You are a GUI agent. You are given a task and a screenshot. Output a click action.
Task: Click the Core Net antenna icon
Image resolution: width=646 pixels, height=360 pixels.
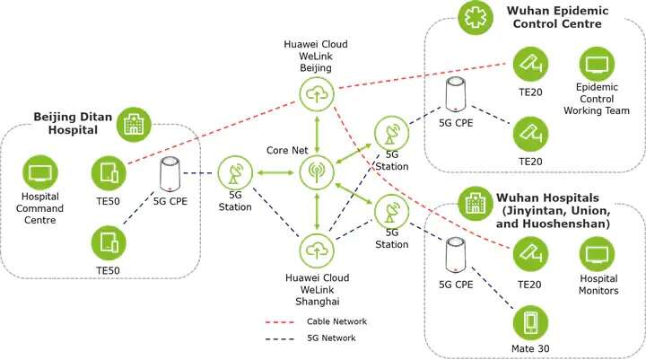(x=316, y=171)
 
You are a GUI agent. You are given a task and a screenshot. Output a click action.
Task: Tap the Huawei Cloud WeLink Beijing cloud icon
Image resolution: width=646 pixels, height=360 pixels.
(x=316, y=93)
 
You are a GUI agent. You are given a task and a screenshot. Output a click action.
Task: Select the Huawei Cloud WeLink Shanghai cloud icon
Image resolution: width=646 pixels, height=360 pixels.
(x=316, y=247)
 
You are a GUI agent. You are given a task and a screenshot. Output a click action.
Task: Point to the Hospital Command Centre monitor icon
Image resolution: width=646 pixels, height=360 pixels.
(x=39, y=171)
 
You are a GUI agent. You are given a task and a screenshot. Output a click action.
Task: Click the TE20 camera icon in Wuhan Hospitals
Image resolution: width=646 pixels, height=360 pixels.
(x=529, y=255)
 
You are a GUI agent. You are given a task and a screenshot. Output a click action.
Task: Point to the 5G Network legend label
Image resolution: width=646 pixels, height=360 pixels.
(x=332, y=338)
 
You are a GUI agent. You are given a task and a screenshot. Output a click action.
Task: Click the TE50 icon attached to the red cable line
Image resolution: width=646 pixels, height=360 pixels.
(x=107, y=171)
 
